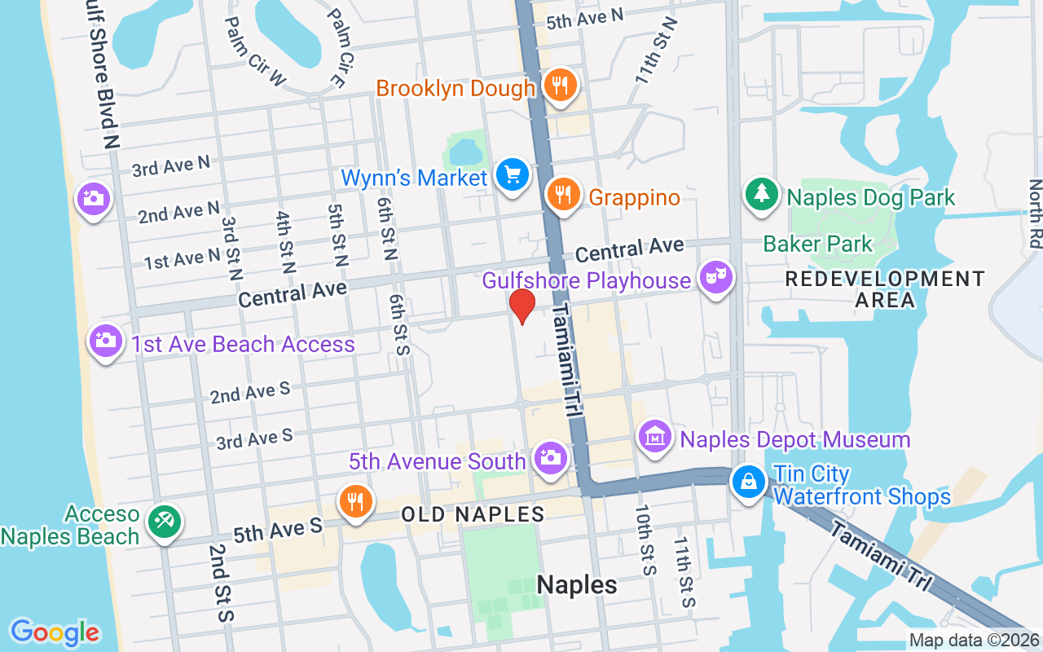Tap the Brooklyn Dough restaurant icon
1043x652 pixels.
[x=560, y=83]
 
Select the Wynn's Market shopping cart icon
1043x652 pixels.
[x=513, y=174]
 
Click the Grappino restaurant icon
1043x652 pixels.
[x=562, y=194]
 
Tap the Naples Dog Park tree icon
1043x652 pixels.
[x=761, y=194]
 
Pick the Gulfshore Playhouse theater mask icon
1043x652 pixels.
[x=715, y=278]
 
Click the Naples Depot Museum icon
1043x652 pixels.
[x=655, y=438]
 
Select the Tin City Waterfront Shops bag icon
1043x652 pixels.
[x=748, y=482]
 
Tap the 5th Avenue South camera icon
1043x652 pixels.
[x=551, y=457]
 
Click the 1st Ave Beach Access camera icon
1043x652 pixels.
[x=106, y=340]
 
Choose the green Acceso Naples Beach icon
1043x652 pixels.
[x=164, y=521]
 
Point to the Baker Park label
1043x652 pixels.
[x=817, y=243]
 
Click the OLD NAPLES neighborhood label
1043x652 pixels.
[x=473, y=514]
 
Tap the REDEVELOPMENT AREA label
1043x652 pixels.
[x=885, y=289]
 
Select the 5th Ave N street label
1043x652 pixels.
[x=584, y=18]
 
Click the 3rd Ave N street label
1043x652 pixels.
[x=171, y=166]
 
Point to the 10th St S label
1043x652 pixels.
[x=645, y=540]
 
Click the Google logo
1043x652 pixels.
[x=55, y=632]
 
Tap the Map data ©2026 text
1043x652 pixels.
[x=974, y=641]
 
